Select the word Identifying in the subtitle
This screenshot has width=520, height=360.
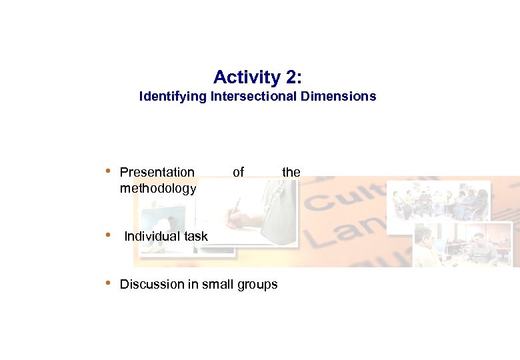point(173,97)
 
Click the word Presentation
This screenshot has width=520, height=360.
point(157,172)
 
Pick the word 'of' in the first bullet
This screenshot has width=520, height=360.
point(238,172)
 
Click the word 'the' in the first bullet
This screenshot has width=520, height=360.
point(291,172)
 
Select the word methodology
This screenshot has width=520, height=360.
point(158,189)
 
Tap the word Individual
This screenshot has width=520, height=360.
point(150,237)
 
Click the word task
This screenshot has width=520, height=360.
point(193,237)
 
